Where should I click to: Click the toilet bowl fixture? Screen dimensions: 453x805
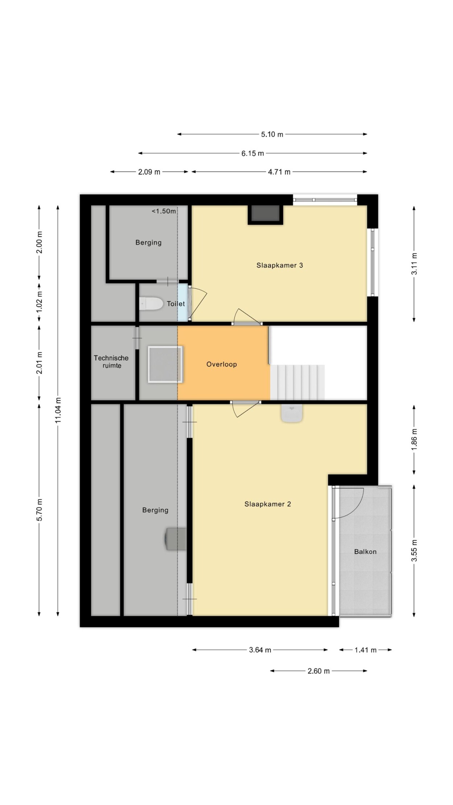tap(151, 304)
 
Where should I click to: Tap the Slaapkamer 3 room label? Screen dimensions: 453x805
tap(279, 265)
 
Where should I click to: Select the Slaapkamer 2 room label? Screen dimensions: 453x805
tap(267, 504)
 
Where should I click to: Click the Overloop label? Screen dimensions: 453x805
tap(221, 364)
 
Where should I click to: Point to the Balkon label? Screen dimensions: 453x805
tap(365, 551)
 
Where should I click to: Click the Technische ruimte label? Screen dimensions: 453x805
tap(111, 362)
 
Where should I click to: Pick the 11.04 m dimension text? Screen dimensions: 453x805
tap(58, 410)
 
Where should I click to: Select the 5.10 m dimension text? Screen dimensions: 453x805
tap(272, 134)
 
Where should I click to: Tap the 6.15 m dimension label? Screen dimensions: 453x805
tap(253, 153)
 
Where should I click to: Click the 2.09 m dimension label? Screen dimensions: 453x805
tap(149, 172)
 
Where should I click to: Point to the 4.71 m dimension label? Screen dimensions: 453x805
tap(279, 172)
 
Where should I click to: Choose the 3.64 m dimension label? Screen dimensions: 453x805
tap(260, 650)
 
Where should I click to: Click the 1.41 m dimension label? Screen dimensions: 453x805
tap(365, 650)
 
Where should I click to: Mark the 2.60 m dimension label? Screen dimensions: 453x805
tap(319, 671)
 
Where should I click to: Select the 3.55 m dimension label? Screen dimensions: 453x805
tap(414, 550)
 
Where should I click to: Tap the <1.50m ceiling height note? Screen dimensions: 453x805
tap(164, 211)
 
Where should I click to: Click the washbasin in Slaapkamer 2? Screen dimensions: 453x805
tap(292, 413)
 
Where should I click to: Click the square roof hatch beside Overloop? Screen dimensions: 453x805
tap(165, 364)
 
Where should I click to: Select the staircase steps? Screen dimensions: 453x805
tap(298, 382)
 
